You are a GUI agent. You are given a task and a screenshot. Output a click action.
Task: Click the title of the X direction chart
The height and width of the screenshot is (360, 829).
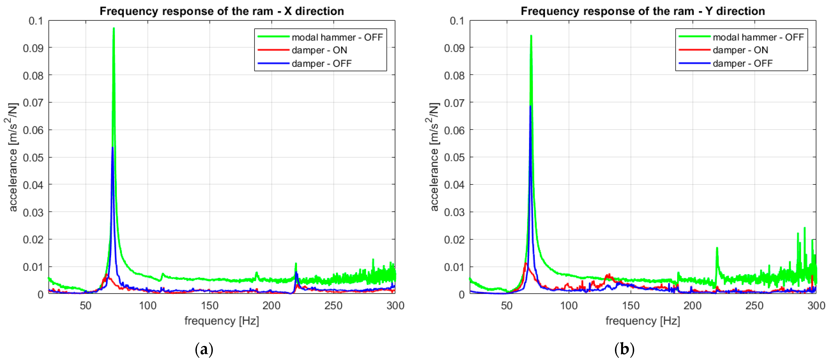coord(222,11)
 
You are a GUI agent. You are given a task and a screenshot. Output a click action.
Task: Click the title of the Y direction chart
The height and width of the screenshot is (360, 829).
coord(643,11)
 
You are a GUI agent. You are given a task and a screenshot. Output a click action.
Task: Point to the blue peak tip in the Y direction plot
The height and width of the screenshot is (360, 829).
coord(530,106)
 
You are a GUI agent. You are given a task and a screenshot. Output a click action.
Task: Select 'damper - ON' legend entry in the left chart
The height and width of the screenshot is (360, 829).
coord(319,50)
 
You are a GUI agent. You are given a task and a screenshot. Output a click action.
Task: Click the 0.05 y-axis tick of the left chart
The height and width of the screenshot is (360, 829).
coord(33,158)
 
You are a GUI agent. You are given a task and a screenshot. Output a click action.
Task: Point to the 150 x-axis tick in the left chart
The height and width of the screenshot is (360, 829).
coord(210,305)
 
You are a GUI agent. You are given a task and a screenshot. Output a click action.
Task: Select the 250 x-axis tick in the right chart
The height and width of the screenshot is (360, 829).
coord(754,305)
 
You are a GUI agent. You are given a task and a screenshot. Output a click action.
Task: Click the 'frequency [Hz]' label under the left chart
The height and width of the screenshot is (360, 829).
coord(222,321)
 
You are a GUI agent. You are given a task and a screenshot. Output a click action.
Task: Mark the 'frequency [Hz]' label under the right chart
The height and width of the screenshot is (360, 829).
coord(643,321)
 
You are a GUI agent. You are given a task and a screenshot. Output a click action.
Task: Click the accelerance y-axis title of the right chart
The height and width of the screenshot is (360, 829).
coord(433,157)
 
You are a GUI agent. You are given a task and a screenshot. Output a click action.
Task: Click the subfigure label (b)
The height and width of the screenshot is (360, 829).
coord(624,349)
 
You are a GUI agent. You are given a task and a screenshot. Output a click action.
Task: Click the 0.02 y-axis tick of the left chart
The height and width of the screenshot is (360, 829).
coord(33,240)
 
